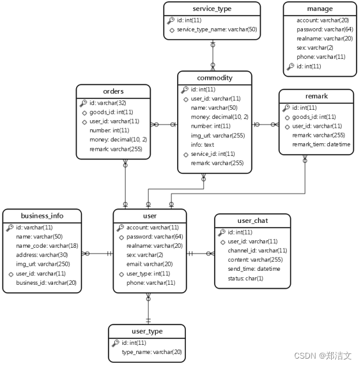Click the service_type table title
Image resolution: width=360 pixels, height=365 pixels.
point(212,9)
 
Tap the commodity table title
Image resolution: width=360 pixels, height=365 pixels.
point(215,78)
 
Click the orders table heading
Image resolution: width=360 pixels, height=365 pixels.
point(113,91)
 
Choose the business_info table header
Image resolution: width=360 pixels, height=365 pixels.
point(42,216)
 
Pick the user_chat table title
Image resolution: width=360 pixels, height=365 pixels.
point(252,221)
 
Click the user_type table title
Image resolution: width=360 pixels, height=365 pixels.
point(147,332)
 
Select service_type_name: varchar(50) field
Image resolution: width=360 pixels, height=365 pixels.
point(216,29)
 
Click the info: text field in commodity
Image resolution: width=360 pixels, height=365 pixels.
point(201,145)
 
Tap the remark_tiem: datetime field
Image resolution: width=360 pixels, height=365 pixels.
point(321,144)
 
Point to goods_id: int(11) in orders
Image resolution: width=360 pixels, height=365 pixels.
point(111,112)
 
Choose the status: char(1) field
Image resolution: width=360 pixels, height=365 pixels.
point(245,278)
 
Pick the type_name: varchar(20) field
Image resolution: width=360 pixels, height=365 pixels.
point(151,352)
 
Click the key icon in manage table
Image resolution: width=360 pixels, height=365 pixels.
point(290,66)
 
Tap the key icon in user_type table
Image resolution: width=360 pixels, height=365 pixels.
point(115,342)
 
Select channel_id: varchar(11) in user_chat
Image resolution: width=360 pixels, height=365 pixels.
point(257,251)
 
